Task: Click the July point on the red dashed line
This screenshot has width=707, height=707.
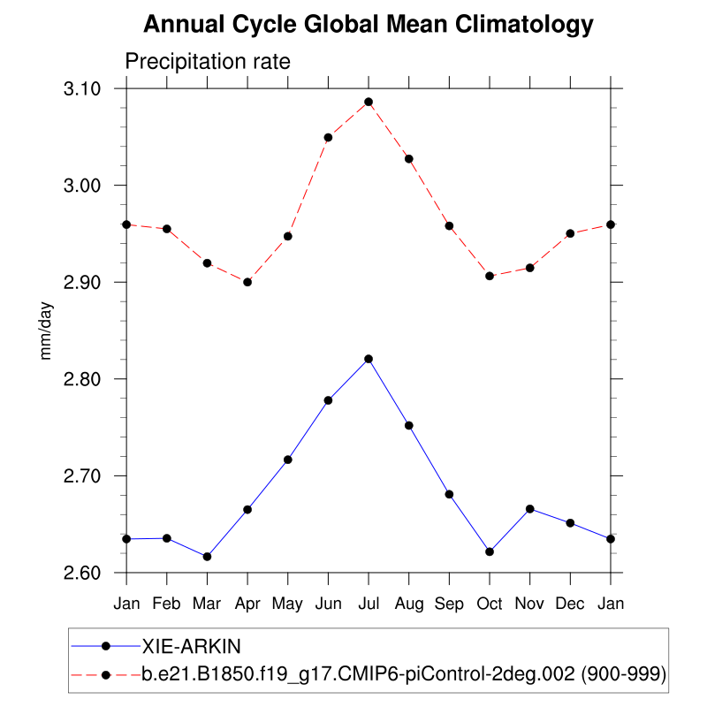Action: pyautogui.click(x=369, y=102)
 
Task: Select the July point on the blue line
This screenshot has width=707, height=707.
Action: pyautogui.click(x=369, y=359)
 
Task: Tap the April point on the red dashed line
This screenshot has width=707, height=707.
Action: pyautogui.click(x=247, y=282)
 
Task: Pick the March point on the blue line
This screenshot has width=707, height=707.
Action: pyautogui.click(x=208, y=557)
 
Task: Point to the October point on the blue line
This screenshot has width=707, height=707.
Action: pyautogui.click(x=490, y=551)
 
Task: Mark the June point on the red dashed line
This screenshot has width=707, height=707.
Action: pyautogui.click(x=328, y=137)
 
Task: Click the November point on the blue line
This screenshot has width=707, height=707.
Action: pyautogui.click(x=530, y=509)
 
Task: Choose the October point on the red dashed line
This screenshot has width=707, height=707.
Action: pyautogui.click(x=490, y=276)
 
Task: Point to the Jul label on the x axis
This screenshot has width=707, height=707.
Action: pyautogui.click(x=369, y=604)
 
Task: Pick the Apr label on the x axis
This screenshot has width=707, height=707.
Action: pyautogui.click(x=247, y=604)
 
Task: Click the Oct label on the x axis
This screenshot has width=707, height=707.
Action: pyautogui.click(x=490, y=604)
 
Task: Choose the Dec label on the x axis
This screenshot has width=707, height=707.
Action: pyautogui.click(x=570, y=604)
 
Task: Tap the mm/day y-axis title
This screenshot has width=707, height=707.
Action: pyautogui.click(x=47, y=331)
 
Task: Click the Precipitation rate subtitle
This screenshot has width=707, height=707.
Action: pyautogui.click(x=208, y=62)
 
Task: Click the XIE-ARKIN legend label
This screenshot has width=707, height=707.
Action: pyautogui.click(x=194, y=645)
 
